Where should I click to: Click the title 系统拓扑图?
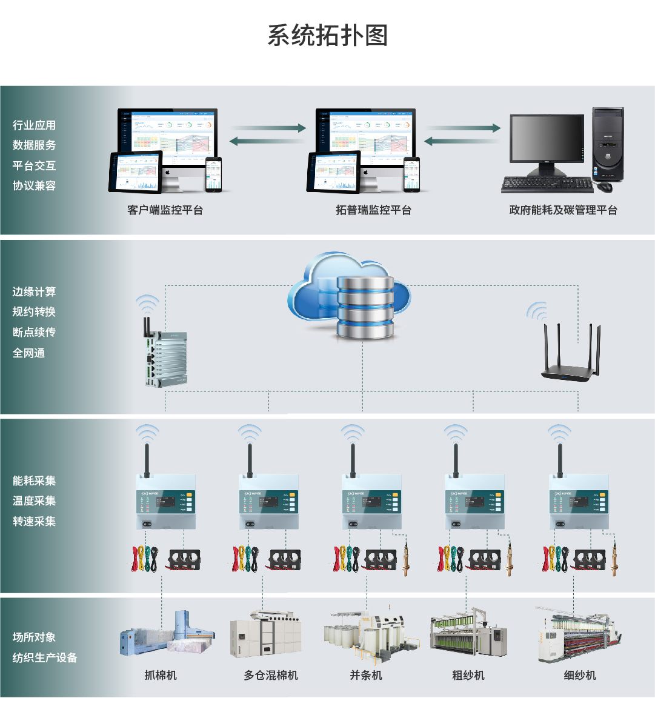327,36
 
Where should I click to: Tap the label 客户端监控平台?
165,210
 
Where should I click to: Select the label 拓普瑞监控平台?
373,210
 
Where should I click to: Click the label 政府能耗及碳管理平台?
563,210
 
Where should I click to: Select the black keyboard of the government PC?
547,185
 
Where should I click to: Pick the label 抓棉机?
161,675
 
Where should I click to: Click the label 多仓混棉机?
271,675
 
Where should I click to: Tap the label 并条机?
366,675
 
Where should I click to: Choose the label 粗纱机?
468,675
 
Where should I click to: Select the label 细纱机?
580,675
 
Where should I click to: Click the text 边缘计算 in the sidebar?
34,291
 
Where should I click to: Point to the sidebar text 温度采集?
34,501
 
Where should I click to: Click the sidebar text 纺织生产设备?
45,657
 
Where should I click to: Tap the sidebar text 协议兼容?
34,185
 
